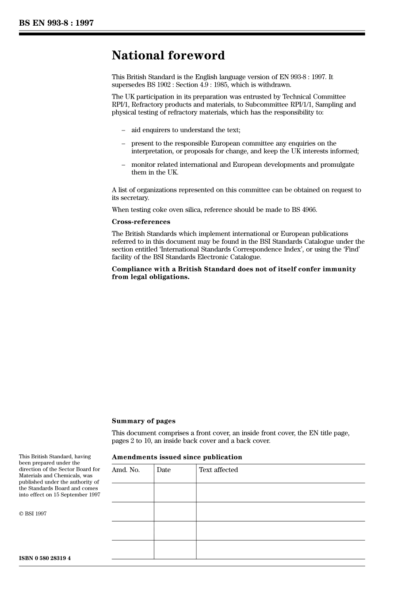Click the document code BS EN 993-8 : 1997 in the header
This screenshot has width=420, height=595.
pyautogui.click(x=56, y=23)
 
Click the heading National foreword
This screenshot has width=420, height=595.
pyautogui.click(x=168, y=56)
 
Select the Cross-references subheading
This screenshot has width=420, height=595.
pyautogui.click(x=141, y=222)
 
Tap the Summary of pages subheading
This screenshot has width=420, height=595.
pyautogui.click(x=143, y=421)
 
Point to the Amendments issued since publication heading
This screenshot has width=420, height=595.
pyautogui.click(x=177, y=457)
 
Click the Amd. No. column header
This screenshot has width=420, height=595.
pyautogui.click(x=126, y=470)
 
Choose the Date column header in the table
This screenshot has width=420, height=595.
pyautogui.click(x=163, y=470)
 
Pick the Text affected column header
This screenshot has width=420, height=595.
pyautogui.click(x=218, y=470)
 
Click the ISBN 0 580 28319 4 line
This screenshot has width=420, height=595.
pyautogui.click(x=45, y=558)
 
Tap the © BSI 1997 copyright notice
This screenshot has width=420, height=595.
pyautogui.click(x=33, y=514)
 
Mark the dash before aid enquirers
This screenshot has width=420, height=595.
pyautogui.click(x=123, y=130)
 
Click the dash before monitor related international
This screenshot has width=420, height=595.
pyautogui.click(x=123, y=165)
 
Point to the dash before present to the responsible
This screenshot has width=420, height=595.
pyautogui.click(x=123, y=143)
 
